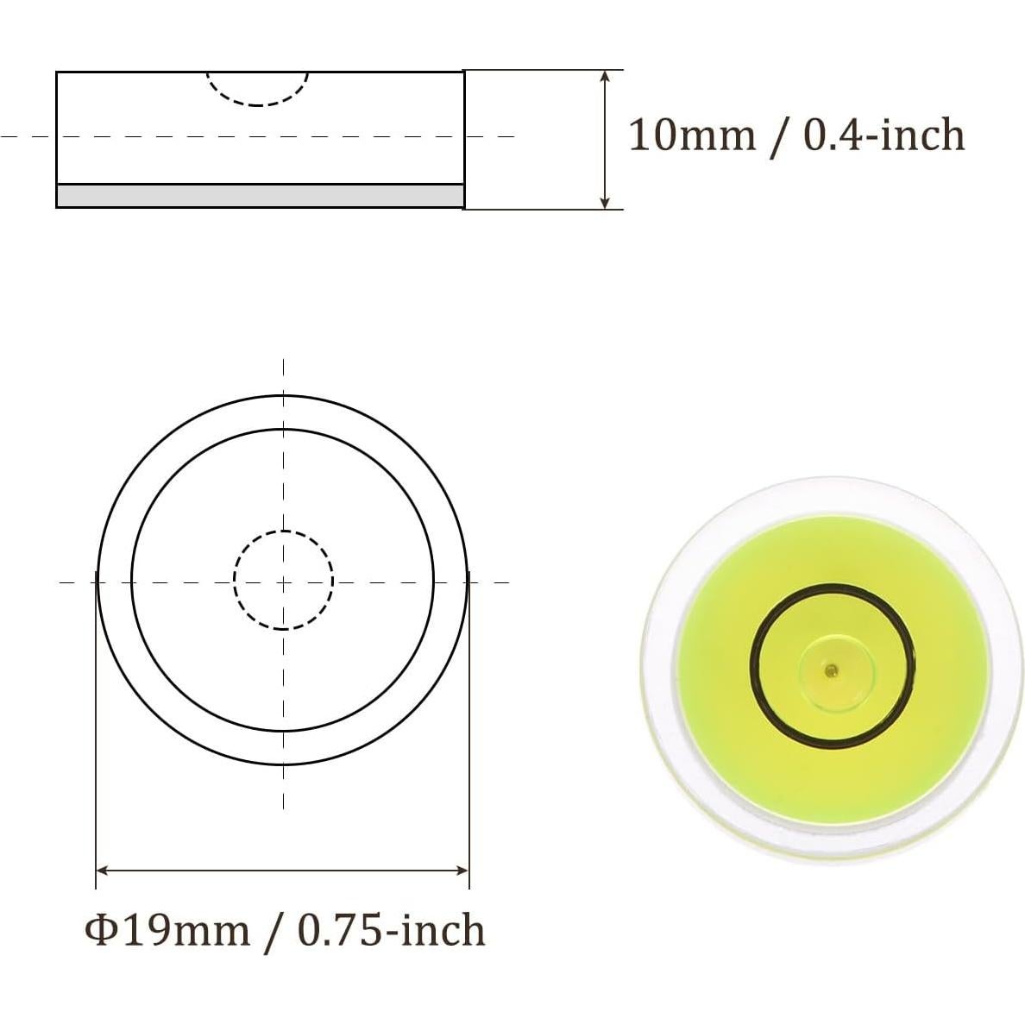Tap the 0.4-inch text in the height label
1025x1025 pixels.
[x=884, y=135]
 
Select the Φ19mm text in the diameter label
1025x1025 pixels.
[x=167, y=931]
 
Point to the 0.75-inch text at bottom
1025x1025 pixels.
[x=392, y=931]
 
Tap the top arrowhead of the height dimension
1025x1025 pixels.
[x=606, y=77]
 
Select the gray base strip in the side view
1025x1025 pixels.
[x=260, y=196]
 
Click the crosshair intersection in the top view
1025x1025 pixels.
[x=284, y=582]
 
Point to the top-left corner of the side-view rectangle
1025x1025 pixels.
[x=57, y=72]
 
